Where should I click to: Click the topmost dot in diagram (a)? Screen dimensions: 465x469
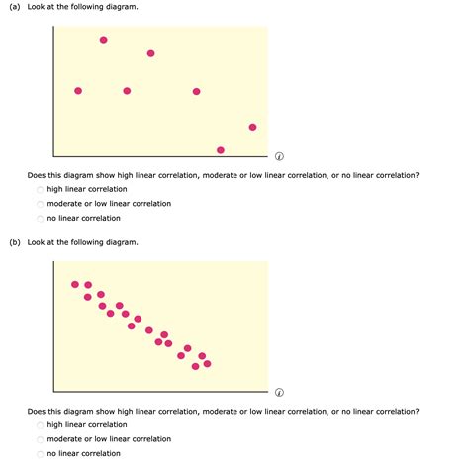click(104, 40)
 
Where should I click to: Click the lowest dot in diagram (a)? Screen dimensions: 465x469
click(220, 150)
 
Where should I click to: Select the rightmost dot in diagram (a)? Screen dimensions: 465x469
click(252, 127)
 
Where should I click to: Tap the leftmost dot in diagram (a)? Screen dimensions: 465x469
click(78, 91)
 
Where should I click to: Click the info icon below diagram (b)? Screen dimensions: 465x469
click(280, 391)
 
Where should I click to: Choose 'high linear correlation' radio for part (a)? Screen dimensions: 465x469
click(41, 189)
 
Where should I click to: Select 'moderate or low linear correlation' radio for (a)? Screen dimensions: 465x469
click(41, 204)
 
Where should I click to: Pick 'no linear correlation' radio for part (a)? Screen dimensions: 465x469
click(41, 219)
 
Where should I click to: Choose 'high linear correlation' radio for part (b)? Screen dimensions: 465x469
click(41, 424)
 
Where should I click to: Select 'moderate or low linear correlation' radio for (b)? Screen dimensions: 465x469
click(41, 439)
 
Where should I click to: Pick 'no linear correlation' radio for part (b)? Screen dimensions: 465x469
click(41, 454)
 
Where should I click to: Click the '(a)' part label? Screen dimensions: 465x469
click(14, 7)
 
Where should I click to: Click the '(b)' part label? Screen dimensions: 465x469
click(14, 242)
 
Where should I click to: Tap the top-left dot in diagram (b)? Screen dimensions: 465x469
click(75, 285)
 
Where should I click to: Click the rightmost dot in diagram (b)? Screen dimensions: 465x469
click(207, 363)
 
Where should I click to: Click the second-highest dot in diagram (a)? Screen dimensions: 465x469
click(150, 53)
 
